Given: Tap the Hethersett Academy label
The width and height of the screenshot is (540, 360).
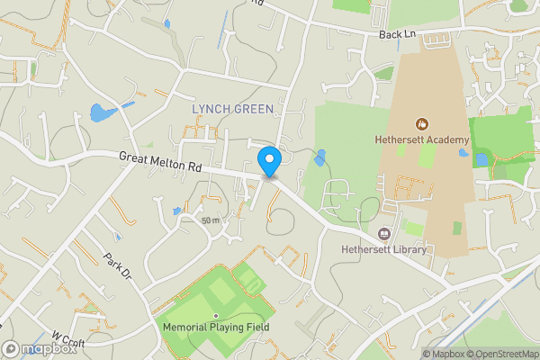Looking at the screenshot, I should coord(421,140).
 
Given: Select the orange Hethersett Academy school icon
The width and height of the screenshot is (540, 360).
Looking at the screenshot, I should coord(420,123).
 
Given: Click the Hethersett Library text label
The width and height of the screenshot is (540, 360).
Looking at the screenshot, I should coord(384,249).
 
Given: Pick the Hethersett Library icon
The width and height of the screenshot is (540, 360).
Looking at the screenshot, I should coord(385,233).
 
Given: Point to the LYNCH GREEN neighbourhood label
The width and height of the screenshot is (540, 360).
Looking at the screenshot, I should coord(232,109).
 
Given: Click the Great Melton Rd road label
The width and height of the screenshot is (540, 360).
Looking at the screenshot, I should coord(160,162).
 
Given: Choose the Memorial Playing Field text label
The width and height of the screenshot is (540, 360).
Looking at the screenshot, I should coord(216,328).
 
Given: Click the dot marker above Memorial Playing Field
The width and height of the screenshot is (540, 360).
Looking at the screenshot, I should coord(216,315).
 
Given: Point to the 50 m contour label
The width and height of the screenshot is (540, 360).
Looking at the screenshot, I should coord(211,220).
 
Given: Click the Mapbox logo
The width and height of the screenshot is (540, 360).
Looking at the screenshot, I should coord(40,349).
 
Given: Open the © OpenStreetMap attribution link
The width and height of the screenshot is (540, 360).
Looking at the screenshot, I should coord(502,354).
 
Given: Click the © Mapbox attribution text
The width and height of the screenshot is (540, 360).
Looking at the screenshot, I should coord(442,354).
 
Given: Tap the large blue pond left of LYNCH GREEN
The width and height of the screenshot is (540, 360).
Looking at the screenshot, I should coord(99,113).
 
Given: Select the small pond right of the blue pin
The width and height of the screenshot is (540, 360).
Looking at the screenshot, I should coord(320,158).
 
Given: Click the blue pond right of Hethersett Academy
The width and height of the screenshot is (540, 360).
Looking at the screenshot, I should coord(481,159).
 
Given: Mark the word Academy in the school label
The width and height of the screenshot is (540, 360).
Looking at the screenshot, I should coord(447,140).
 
